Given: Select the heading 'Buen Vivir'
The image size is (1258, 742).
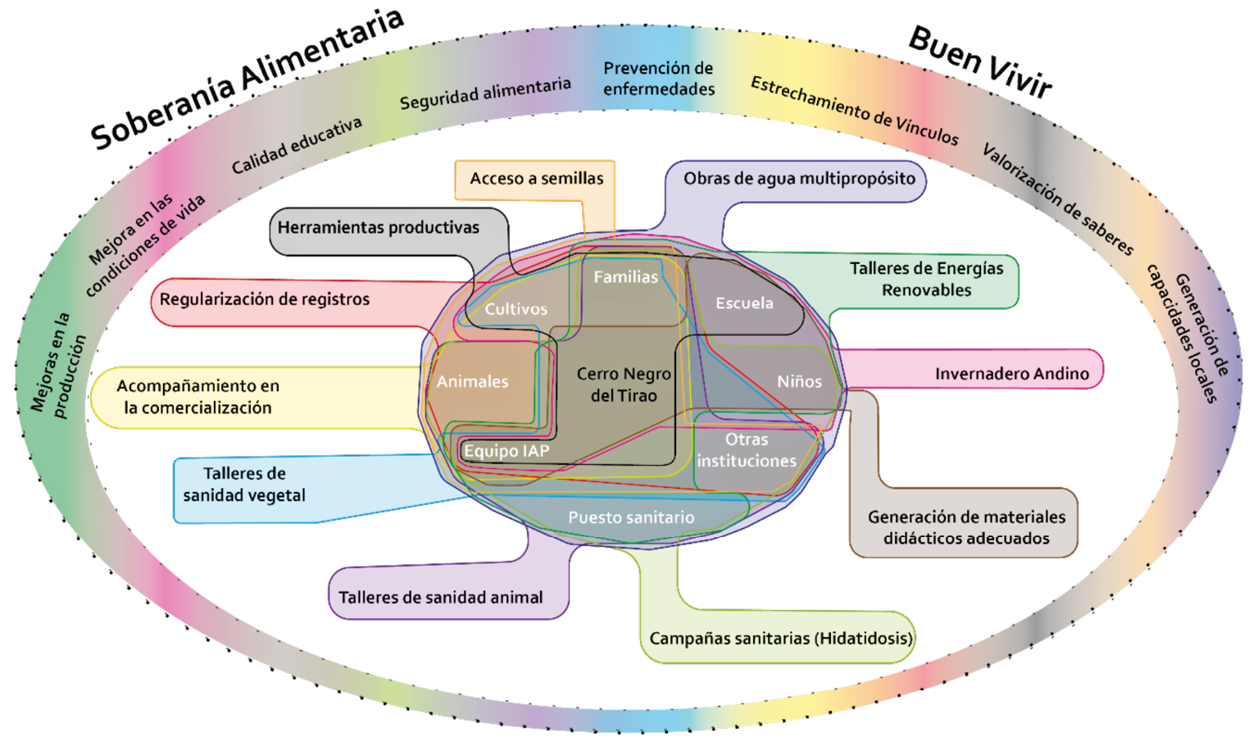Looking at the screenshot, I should (979, 61).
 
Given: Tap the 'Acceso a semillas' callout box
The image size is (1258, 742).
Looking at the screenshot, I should (536, 179).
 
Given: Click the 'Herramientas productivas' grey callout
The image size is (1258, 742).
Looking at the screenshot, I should (378, 228).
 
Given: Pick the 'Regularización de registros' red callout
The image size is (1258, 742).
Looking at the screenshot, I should (265, 299).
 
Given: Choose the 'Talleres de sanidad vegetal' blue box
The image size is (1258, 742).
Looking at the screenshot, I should (244, 485).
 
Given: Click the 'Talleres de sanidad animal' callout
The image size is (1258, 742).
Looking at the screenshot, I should (440, 598).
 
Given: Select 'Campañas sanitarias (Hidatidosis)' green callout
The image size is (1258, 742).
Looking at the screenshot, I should (779, 639).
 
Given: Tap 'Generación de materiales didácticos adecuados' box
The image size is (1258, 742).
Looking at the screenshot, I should (966, 528).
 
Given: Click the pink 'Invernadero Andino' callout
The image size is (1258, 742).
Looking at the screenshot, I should (1011, 374).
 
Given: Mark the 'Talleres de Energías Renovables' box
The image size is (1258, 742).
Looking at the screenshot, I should (926, 279).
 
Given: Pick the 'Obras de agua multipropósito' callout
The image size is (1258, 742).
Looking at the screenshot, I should (799, 179).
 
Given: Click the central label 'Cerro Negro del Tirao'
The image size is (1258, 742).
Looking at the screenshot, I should (624, 385).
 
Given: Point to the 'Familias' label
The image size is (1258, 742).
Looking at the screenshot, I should (625, 277).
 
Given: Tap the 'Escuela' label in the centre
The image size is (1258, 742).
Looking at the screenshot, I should (744, 303).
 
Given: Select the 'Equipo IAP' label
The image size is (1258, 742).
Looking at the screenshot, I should (506, 451).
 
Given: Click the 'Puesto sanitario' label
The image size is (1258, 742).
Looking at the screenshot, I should (631, 517).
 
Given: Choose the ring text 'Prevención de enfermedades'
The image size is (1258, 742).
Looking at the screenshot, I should (659, 79).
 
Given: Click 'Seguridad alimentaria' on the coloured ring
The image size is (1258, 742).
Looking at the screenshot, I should (484, 93).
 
